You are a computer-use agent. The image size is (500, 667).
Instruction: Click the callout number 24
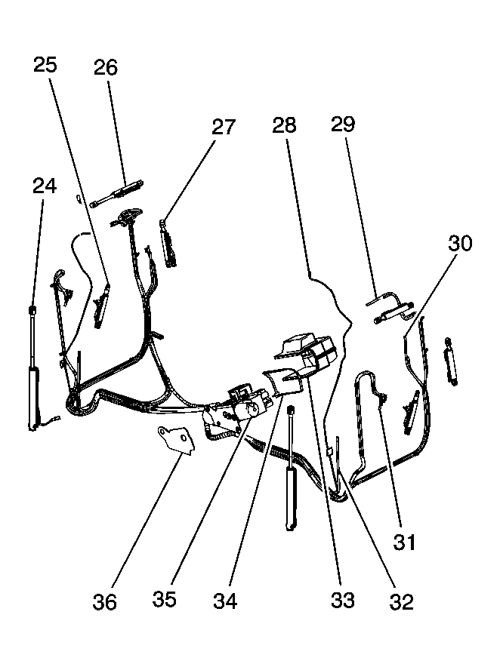[x=45, y=186]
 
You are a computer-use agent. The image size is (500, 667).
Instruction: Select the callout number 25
[x=45, y=65]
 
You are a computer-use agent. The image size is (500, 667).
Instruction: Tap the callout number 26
[x=106, y=68]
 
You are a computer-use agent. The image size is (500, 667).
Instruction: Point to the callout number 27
[x=224, y=128]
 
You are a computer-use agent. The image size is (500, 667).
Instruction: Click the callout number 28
[x=284, y=125]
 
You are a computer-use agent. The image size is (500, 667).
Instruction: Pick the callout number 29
[x=343, y=124]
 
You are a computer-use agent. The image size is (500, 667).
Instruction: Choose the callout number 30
[x=460, y=243]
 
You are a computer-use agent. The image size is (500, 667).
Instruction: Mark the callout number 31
[x=404, y=543]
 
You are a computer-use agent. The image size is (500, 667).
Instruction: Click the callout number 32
[x=401, y=601]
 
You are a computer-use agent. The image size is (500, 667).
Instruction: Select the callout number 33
[x=342, y=600]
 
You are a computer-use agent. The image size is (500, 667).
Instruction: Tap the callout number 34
[x=225, y=601]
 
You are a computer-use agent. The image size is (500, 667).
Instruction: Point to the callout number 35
[x=165, y=599]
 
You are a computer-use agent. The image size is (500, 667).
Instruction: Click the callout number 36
[x=105, y=602]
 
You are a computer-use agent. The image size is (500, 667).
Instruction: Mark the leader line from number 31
[x=390, y=466]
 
